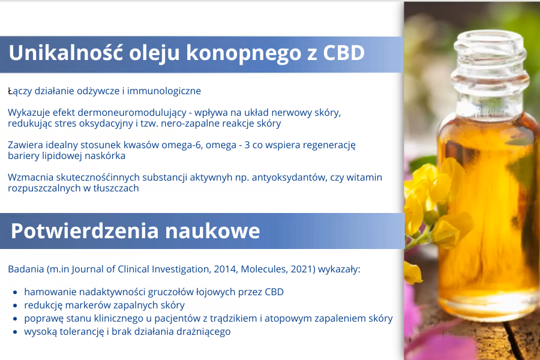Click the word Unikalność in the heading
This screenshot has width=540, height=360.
[x=66, y=53]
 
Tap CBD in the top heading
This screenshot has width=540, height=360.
[x=344, y=53]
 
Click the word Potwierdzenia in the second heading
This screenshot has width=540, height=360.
[x=85, y=231]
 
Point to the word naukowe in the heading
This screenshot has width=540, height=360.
[x=212, y=231]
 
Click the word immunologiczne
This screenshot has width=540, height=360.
[x=164, y=91]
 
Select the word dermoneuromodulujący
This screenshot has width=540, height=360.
[x=132, y=113]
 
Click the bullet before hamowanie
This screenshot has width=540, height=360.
[x=15, y=292]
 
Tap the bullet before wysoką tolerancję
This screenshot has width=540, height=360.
[x=15, y=332]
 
